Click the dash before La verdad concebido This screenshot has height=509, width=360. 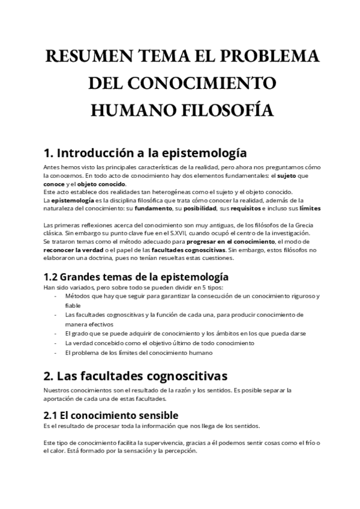[x=56, y=343]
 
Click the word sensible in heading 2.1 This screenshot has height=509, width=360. [x=151, y=415]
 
